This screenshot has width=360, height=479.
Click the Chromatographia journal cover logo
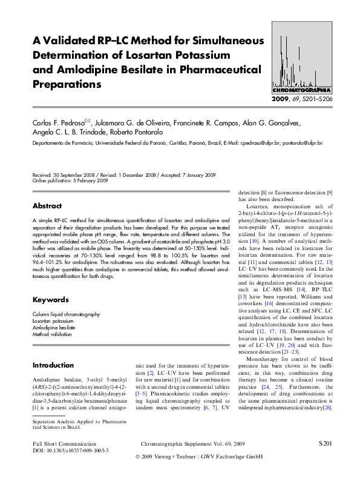tap(301, 58)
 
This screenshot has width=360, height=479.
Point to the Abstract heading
tap(47, 206)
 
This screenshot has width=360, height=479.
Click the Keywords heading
tap(50, 300)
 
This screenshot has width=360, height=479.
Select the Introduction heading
tap(53, 365)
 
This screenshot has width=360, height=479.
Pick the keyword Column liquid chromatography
tap(66, 314)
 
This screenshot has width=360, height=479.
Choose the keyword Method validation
tap(53, 334)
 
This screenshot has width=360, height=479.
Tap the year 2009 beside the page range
tap(281, 99)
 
